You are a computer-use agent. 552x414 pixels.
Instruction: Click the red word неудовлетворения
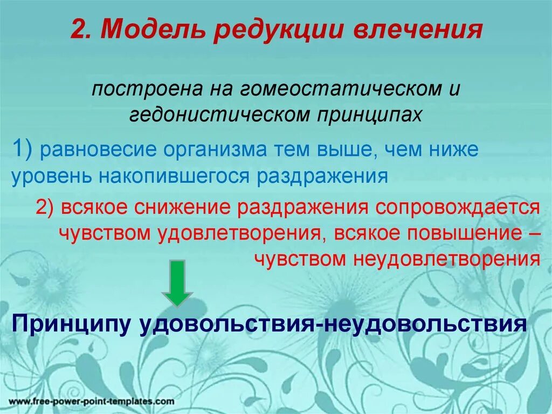pyautogui.click(x=446, y=259)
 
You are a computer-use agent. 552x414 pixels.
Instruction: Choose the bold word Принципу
pyautogui.click(x=72, y=324)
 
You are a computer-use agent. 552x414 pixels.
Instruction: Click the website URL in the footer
pyautogui.click(x=91, y=402)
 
